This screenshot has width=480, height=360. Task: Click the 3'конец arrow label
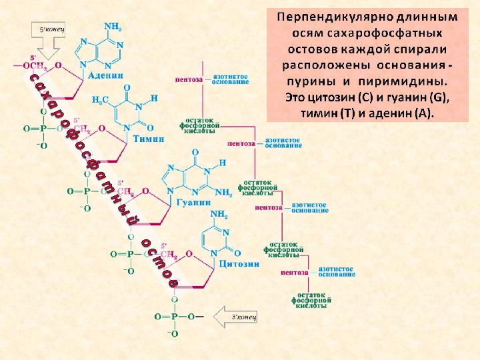pyautogui.click(x=242, y=315)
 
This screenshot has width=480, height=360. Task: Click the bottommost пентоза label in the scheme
pyautogui.click(x=294, y=272)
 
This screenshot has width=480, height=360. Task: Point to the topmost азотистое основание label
pyautogui.click(x=231, y=79)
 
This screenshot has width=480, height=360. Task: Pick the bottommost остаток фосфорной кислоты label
pyautogui.click(x=311, y=300)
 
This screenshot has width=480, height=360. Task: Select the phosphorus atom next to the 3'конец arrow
pyautogui.click(x=175, y=317)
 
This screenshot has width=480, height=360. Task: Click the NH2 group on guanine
pyautogui.click(x=223, y=193)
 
